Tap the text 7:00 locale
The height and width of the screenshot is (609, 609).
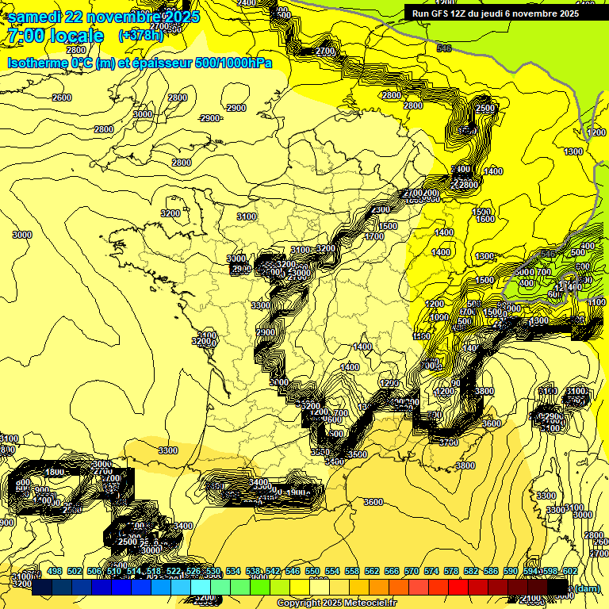click(56, 36)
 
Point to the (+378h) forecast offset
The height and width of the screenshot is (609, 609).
click(140, 35)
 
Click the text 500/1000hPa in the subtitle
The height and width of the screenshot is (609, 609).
click(233, 63)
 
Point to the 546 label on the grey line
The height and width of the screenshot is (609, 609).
click(443, 48)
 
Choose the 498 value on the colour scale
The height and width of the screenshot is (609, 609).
click(54, 571)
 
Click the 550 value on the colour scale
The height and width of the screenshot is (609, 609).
click(312, 571)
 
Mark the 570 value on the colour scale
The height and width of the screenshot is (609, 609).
click(412, 571)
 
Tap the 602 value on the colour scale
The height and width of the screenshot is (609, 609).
click(569, 571)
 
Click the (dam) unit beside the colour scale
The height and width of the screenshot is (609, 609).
click(586, 588)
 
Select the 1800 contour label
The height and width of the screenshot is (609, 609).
click(55, 473)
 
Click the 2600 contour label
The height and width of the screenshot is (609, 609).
click(61, 98)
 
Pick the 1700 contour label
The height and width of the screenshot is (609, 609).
click(374, 236)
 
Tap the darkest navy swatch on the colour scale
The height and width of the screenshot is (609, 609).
click(42, 588)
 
